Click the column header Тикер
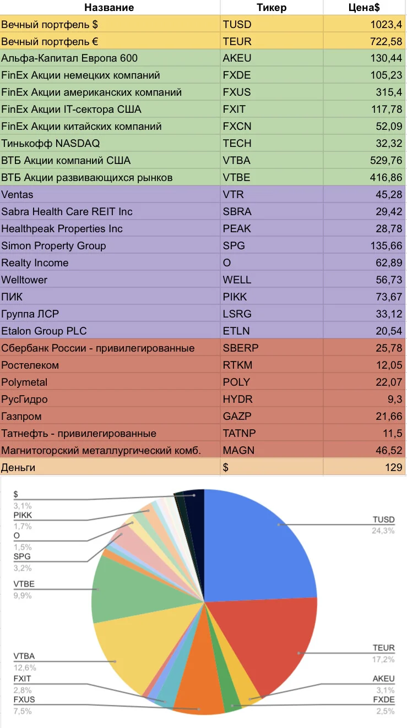click(x=272, y=8)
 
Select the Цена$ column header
click(x=363, y=8)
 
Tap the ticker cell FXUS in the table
click(x=236, y=92)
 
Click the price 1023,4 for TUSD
click(x=386, y=24)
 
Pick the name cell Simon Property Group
click(x=53, y=246)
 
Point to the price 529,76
click(x=386, y=160)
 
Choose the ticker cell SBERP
click(x=241, y=348)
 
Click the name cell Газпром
click(x=21, y=417)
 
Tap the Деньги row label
click(x=18, y=467)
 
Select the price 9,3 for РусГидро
click(x=395, y=399)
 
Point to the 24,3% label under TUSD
click(x=383, y=530)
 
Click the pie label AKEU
click(x=383, y=678)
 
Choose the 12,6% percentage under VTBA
click(x=25, y=667)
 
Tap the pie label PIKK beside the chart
click(x=23, y=515)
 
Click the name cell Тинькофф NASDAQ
click(x=51, y=143)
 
